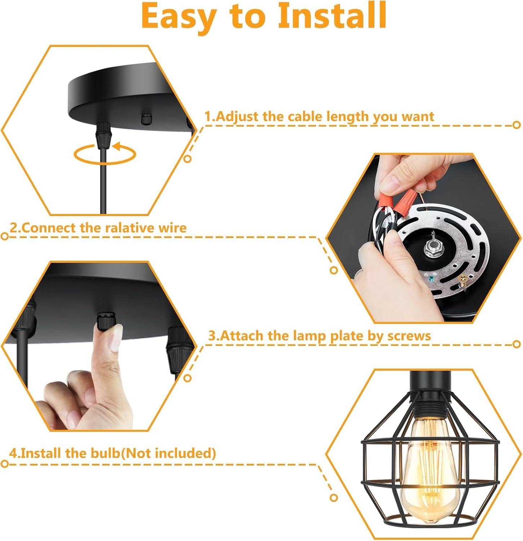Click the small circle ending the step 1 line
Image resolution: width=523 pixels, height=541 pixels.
pos(517,125)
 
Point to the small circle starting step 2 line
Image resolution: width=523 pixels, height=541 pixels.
pos(5,237)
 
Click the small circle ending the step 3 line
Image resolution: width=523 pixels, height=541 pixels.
pos(517,344)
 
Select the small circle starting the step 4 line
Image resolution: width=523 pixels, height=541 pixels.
pos(5,463)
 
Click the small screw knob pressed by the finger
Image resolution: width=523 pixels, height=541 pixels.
pos(106,318)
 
